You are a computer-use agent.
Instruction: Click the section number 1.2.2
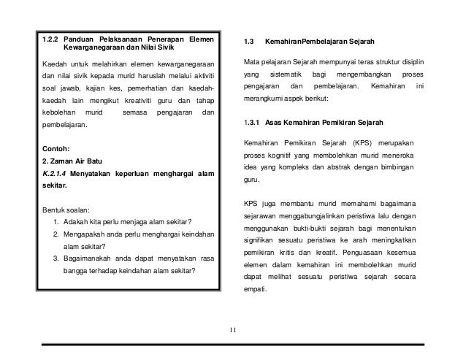(x=50, y=38)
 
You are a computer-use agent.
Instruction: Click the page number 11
(x=232, y=333)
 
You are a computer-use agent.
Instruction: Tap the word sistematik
(x=278, y=75)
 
